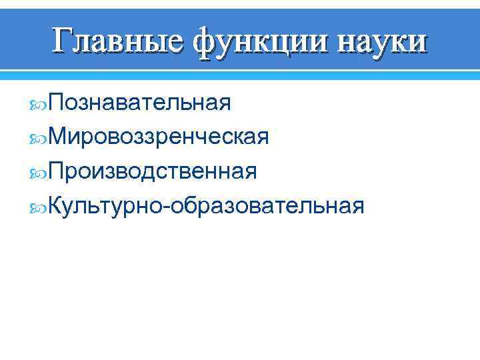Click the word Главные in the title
pyautogui.click(x=117, y=41)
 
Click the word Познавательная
pyautogui.click(x=139, y=103)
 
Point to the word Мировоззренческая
pyautogui.click(x=158, y=137)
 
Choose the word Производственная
pyautogui.click(x=152, y=172)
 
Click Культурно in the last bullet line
pyautogui.click(x=105, y=207)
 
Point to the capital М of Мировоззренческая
pyautogui.click(x=57, y=137)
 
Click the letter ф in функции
pyautogui.click(x=207, y=42)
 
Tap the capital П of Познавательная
pyautogui.click(x=55, y=103)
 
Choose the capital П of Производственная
pyautogui.click(x=55, y=172)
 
